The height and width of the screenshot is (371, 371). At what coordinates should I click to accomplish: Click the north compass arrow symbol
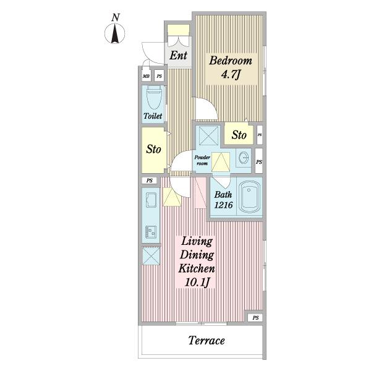coord(115,34)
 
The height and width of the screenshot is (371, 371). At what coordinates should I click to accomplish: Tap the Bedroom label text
coord(231,61)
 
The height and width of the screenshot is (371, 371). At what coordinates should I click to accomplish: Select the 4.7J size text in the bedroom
coord(231,75)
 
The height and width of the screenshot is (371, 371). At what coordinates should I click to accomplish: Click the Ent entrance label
coord(179,56)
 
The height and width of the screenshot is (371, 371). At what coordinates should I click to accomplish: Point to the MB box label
coord(146,76)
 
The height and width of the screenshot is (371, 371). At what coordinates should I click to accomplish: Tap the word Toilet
coord(153,116)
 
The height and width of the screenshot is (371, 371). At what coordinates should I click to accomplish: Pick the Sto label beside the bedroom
coord(239,135)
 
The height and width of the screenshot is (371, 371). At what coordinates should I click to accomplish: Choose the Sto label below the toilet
coord(153,149)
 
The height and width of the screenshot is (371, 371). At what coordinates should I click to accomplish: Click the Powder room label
coord(202,160)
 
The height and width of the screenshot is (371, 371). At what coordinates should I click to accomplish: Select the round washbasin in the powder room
coord(244,157)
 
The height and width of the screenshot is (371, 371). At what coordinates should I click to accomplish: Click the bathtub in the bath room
coord(249,197)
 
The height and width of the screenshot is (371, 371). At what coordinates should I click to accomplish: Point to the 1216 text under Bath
coord(224,205)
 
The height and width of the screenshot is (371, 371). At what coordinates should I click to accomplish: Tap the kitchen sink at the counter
coord(151,199)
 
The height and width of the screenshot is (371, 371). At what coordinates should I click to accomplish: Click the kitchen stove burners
coord(151,231)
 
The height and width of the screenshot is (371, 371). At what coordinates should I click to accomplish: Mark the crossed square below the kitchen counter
coord(151,256)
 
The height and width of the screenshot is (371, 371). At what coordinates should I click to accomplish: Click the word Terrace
coord(207,341)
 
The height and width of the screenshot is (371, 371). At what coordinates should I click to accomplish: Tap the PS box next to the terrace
coord(255,318)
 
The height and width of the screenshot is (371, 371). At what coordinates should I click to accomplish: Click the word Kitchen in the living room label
coord(197,268)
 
